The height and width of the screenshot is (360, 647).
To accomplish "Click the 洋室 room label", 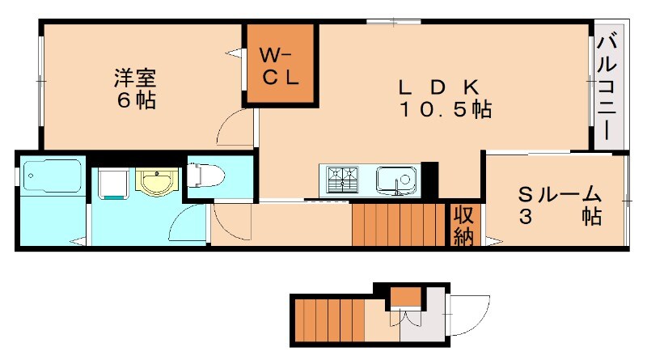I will [134, 78].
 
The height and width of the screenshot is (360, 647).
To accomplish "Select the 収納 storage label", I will [463, 226].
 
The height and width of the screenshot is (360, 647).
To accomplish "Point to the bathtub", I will [52, 177].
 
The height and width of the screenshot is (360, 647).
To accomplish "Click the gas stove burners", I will [343, 178].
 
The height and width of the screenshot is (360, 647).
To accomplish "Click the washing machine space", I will [112, 183].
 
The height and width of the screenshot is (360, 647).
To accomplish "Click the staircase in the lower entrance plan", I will [327, 319].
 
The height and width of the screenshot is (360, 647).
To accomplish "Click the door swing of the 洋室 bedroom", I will [236, 129].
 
